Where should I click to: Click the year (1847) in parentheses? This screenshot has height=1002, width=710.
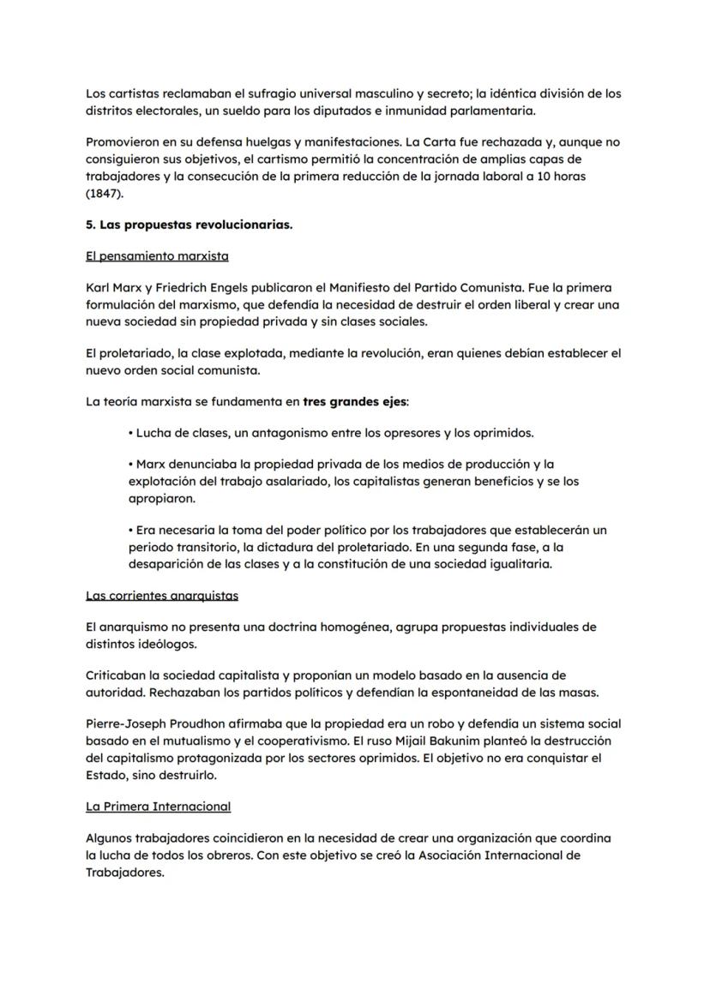105,194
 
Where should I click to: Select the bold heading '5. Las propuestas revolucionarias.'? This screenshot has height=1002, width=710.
189,225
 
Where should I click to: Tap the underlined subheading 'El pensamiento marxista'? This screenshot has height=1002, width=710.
157,256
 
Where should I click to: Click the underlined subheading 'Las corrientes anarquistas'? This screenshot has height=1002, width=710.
162,595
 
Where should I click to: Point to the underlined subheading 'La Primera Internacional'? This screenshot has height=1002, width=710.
159,807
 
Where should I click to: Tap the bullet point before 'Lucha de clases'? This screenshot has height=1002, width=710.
130,433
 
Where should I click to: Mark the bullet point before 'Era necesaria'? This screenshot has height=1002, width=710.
130,531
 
